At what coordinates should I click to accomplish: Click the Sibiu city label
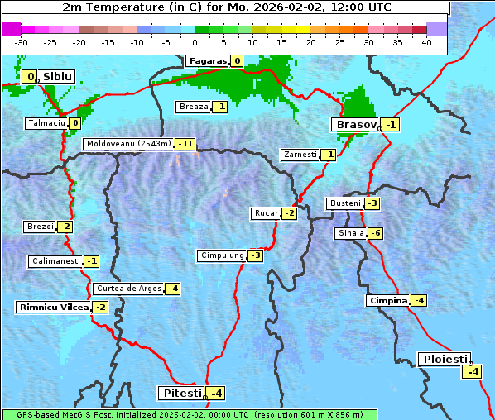coord(58,77)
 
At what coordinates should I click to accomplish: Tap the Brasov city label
coord(355,125)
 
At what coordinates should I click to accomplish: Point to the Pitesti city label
coord(180,393)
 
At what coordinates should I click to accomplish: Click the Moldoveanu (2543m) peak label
coord(128,144)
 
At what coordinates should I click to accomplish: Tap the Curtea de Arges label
coord(127,289)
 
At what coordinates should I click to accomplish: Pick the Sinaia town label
coord(350,233)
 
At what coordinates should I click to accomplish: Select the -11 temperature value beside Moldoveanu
coord(185,144)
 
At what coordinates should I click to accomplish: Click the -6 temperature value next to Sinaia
coord(375,233)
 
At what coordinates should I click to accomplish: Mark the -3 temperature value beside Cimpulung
coord(255,255)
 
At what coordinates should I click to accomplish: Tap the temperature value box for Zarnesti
coord(328,155)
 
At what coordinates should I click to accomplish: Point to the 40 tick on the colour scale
coord(426,41)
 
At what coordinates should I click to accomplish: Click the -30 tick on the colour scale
coord(22,41)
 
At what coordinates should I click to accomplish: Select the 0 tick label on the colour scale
coord(195,41)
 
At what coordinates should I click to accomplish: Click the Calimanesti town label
coord(55,261)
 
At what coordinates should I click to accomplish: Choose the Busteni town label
coord(344,203)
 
